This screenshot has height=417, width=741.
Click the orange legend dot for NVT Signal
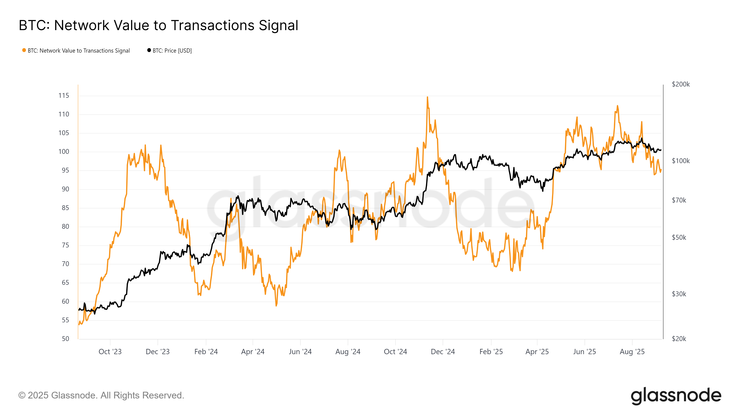(x=24, y=50)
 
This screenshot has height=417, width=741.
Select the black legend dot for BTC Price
(x=149, y=50)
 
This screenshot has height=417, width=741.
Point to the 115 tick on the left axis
(x=64, y=95)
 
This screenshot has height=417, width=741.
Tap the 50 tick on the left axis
(x=65, y=339)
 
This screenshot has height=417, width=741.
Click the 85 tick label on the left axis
(x=65, y=208)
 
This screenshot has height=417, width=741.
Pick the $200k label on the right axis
(x=681, y=84)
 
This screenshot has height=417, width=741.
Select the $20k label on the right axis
(x=679, y=339)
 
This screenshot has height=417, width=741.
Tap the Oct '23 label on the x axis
(x=110, y=352)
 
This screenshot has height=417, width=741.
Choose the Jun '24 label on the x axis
(x=300, y=352)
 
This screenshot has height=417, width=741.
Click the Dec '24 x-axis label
(x=443, y=352)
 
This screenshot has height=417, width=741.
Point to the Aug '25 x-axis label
(x=632, y=352)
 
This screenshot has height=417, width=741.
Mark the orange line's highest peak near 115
(x=427, y=97)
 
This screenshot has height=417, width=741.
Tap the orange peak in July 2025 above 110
(x=617, y=106)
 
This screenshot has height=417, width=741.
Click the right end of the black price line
(x=661, y=150)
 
